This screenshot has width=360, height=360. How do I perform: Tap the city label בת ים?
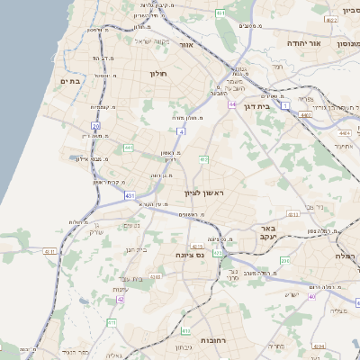[x=71, y=81]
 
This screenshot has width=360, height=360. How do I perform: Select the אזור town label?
[x=187, y=42]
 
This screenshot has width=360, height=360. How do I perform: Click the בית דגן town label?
[x=257, y=105]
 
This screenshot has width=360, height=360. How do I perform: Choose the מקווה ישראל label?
[x=152, y=40]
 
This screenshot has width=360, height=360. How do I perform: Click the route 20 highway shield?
[x=95, y=126]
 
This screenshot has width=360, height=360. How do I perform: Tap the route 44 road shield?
[x=232, y=104]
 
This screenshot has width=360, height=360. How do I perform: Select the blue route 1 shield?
[x=285, y=106]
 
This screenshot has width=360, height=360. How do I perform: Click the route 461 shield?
[x=221, y=13]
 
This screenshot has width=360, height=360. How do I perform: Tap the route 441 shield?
[x=129, y=147]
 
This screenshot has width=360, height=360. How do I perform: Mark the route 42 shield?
[x=120, y=299]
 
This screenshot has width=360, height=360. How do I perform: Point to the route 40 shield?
[x=312, y=296]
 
